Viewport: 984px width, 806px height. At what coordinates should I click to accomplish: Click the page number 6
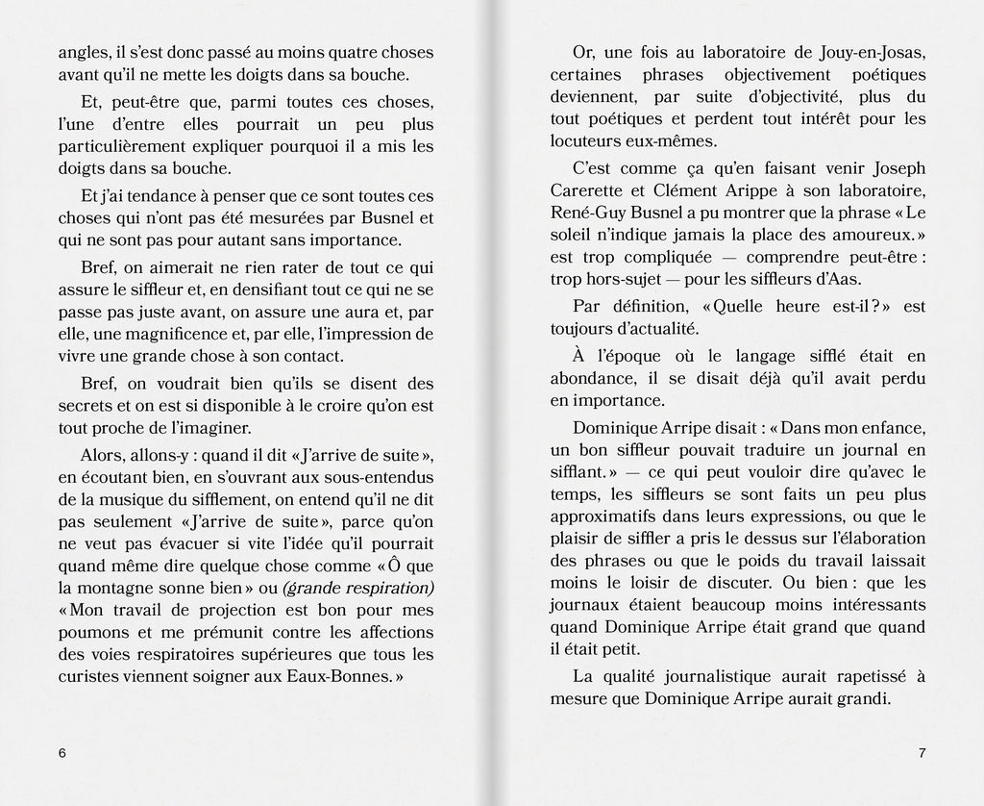(x=62, y=753)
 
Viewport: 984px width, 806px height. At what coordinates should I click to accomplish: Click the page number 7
(x=922, y=753)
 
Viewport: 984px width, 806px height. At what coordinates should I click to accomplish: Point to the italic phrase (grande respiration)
(x=358, y=587)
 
